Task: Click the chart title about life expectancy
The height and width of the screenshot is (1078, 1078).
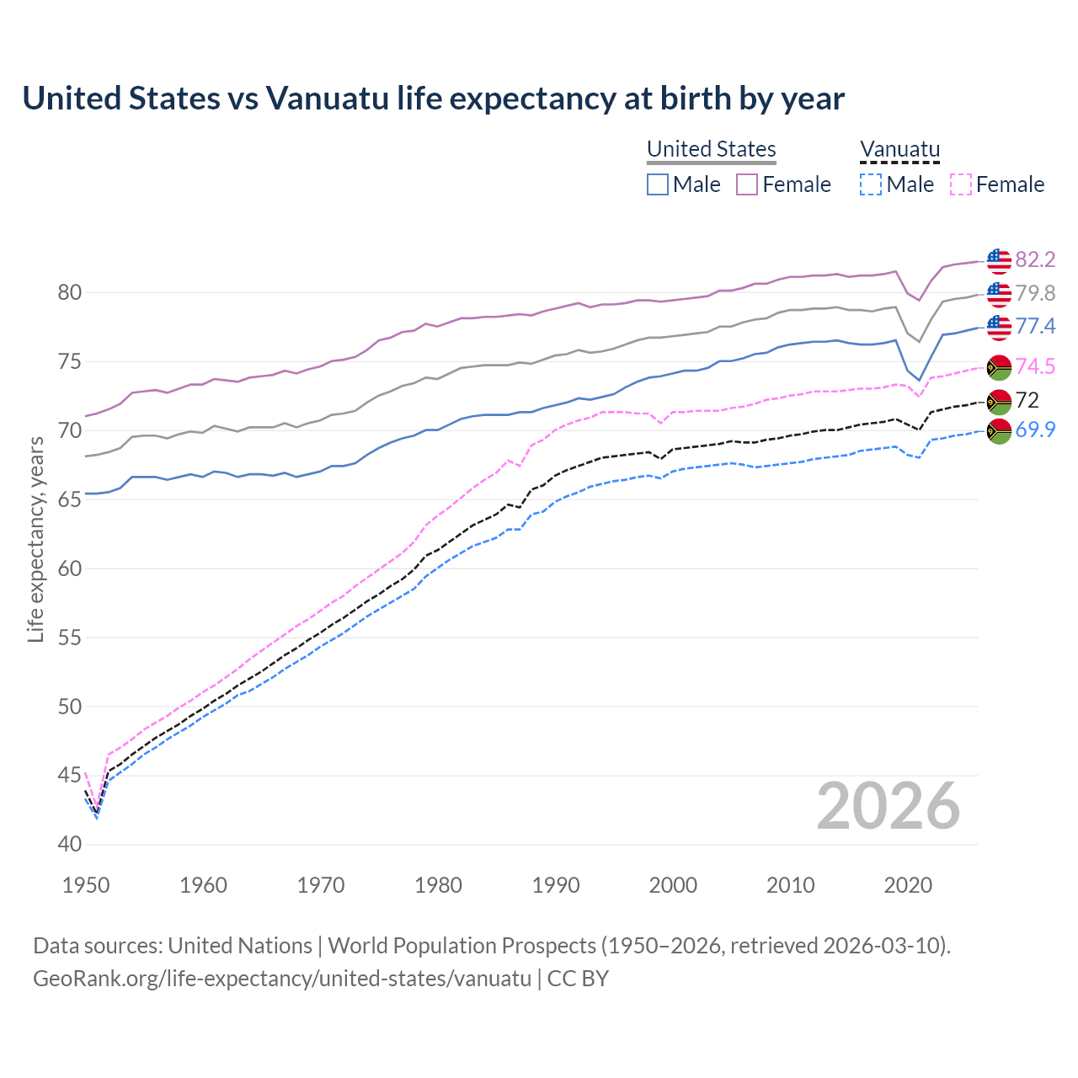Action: [x=433, y=99]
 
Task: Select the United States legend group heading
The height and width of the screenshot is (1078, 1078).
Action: [x=711, y=149]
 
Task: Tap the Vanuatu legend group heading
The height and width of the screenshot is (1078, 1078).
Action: [x=899, y=149]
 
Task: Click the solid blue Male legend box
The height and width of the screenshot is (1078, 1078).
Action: [x=658, y=184]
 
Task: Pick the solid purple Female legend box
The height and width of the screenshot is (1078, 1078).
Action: [x=747, y=184]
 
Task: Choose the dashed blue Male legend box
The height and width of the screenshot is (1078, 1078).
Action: [x=871, y=184]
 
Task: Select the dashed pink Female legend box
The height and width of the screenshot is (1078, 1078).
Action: [x=960, y=184]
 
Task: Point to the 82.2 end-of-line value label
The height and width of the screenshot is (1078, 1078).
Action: [x=1035, y=259]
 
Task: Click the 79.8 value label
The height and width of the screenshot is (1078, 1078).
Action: [x=1035, y=293]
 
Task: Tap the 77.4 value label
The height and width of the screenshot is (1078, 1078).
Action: [x=1035, y=326]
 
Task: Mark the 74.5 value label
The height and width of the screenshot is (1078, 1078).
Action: [x=1035, y=366]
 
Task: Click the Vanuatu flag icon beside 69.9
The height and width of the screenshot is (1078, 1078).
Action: [x=999, y=430]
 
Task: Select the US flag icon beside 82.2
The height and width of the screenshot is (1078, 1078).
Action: [x=999, y=260]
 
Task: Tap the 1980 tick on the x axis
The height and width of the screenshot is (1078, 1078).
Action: [x=438, y=885]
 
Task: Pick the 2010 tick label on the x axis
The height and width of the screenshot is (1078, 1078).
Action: [x=790, y=885]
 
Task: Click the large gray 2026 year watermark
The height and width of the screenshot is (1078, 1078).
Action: [x=888, y=806]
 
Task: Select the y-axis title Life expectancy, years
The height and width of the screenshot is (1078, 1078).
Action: [x=35, y=539]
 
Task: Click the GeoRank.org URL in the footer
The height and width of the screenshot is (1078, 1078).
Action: [x=282, y=979]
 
